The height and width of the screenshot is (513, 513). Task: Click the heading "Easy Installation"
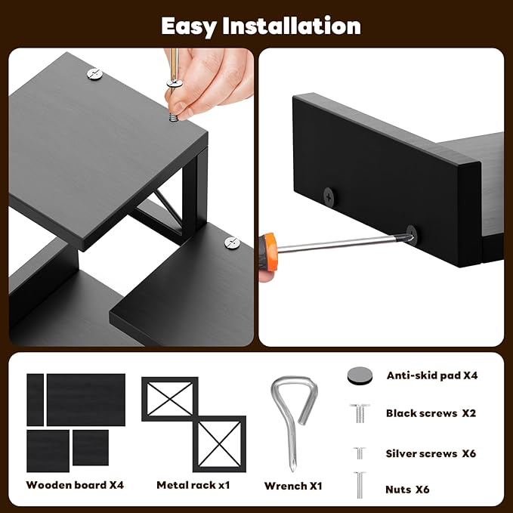261,26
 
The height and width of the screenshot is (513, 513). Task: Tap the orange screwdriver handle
268,252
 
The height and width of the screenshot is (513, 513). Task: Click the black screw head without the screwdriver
329,197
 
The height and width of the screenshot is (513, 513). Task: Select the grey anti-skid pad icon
360,375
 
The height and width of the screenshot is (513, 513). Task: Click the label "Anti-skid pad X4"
432,375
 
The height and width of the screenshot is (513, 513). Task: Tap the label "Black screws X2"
431,413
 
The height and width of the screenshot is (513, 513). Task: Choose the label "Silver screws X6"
431,453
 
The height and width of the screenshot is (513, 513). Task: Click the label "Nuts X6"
407,490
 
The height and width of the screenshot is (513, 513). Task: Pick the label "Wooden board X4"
75,485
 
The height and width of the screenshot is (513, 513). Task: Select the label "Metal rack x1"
193,485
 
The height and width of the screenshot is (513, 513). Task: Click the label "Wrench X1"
293,486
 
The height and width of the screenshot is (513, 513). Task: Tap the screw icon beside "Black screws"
360,413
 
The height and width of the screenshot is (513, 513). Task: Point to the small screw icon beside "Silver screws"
360,453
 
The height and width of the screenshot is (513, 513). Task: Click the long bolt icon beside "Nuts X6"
360,485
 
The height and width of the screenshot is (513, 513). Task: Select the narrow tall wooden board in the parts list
35,400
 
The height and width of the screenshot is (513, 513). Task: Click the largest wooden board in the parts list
86,400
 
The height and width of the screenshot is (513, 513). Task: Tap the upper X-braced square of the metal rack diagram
170,399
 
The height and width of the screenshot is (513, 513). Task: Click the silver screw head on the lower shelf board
232,243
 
